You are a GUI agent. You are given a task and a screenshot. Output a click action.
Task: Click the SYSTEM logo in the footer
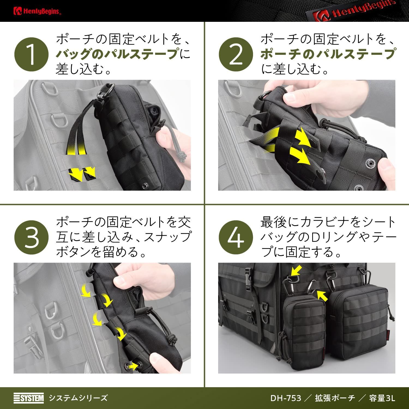29,398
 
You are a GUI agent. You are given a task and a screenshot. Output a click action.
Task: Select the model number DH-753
285,398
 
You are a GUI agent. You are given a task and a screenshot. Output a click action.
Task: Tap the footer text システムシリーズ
78,398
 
